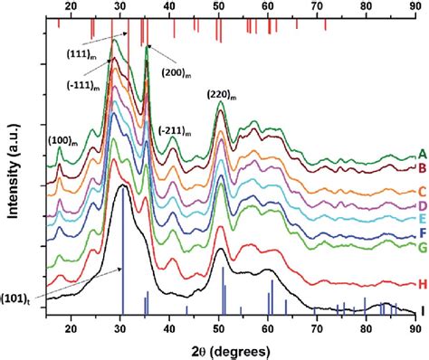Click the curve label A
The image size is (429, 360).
point(422,153)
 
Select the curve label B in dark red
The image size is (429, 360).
point(422,168)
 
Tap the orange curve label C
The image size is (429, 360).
point(422,191)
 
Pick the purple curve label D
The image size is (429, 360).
point(422,207)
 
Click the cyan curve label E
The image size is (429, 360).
point(422,221)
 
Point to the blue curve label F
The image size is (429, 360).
point(422,234)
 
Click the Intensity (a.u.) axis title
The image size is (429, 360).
point(11,171)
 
